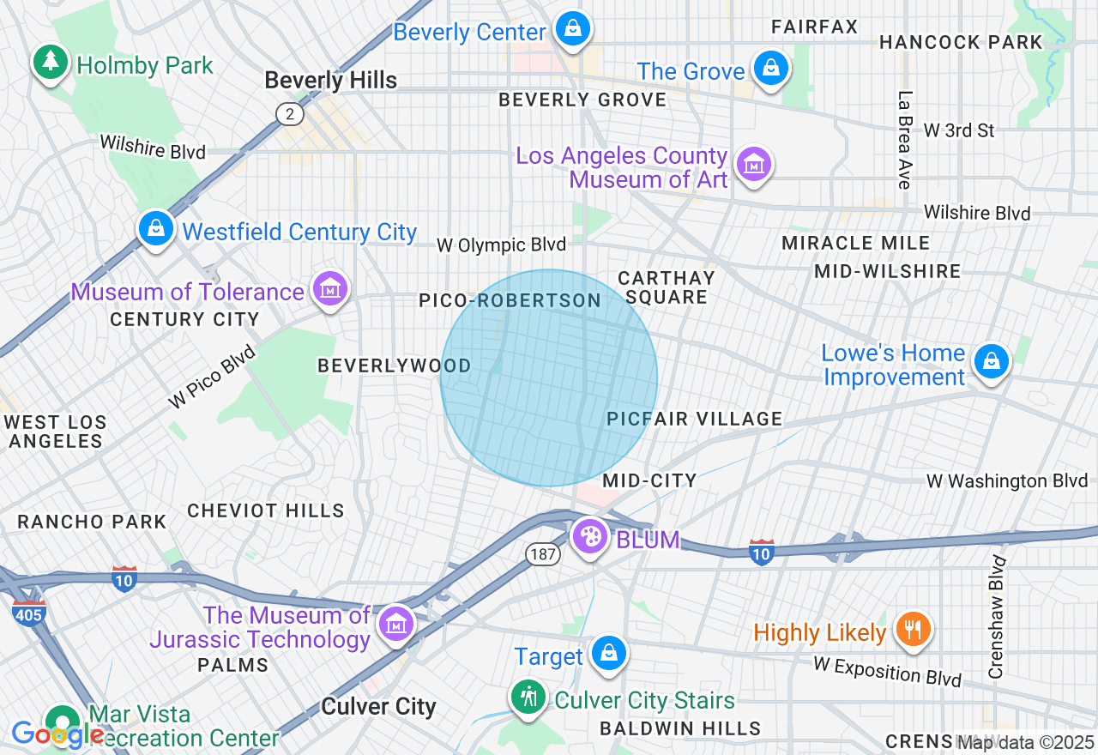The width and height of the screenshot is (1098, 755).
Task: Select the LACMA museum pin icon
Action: (754, 163)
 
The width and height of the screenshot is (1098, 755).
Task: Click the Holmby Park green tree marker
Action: (51, 62)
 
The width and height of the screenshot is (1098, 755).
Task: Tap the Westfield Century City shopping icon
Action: (155, 229)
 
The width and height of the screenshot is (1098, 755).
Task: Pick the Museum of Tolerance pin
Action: (330, 290)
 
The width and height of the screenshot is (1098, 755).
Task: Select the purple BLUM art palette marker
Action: (589, 538)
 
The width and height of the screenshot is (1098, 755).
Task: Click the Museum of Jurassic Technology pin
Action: (395, 624)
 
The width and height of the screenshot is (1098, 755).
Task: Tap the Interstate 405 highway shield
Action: (29, 613)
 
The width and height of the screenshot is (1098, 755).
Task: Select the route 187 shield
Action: (544, 554)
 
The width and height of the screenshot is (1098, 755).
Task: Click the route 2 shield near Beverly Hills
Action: (290, 114)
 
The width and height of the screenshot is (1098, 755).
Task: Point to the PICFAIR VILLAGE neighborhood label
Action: (694, 419)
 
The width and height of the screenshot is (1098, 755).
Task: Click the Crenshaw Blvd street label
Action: (997, 617)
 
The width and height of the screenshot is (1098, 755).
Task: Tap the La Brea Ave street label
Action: (904, 140)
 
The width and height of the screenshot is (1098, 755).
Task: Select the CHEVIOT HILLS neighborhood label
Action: (266, 510)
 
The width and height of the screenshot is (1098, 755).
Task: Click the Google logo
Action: (57, 734)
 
